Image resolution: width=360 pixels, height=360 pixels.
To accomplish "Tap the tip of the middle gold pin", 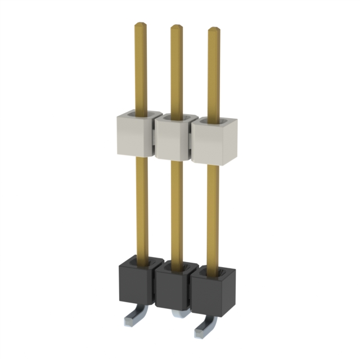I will click(176, 28).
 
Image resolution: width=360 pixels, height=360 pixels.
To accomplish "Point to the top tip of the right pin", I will click(214, 29).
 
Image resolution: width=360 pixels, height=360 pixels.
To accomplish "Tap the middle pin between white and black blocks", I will click(177, 211).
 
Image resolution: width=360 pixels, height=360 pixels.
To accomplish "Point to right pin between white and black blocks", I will click(213, 217).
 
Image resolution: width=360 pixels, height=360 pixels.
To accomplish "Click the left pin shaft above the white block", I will click(140, 67).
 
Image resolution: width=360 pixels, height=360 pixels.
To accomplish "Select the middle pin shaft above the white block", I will click(177, 70).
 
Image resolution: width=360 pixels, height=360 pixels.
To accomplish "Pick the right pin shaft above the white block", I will click(214, 73).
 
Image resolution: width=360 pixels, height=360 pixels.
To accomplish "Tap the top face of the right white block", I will click(213, 125).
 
